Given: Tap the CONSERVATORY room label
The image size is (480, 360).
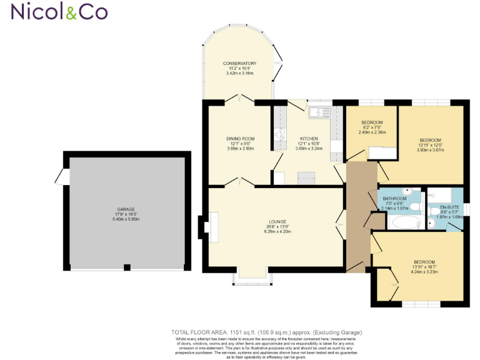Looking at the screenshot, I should pyautogui.click(x=241, y=64).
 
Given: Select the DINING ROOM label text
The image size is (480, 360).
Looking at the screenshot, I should pyautogui.click(x=241, y=138).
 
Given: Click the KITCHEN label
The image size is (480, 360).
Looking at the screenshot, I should pyautogui.click(x=309, y=138).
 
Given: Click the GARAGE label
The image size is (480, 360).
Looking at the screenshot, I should pyautogui.click(x=126, y=209).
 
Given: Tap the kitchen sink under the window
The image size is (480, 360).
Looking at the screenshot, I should pyautogui.click(x=322, y=112).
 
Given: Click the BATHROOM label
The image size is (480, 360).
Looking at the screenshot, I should pyautogui.click(x=395, y=199).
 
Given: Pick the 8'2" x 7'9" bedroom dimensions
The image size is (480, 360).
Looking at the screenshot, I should pyautogui.click(x=372, y=127).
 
